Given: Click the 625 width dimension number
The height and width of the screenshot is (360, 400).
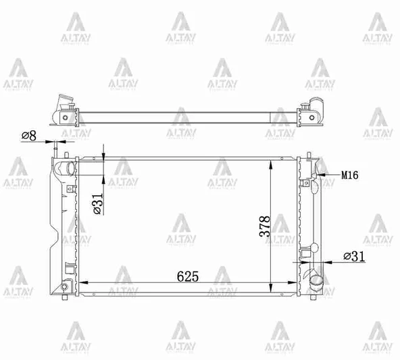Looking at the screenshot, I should click(x=187, y=276).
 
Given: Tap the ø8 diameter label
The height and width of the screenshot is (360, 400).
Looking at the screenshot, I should click(x=28, y=136).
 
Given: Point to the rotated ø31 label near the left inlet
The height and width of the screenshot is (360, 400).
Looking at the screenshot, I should click(x=96, y=203).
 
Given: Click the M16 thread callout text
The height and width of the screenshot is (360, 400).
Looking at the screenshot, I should click(x=349, y=175).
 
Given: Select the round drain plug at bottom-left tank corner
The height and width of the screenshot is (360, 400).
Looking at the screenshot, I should click(x=64, y=287).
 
